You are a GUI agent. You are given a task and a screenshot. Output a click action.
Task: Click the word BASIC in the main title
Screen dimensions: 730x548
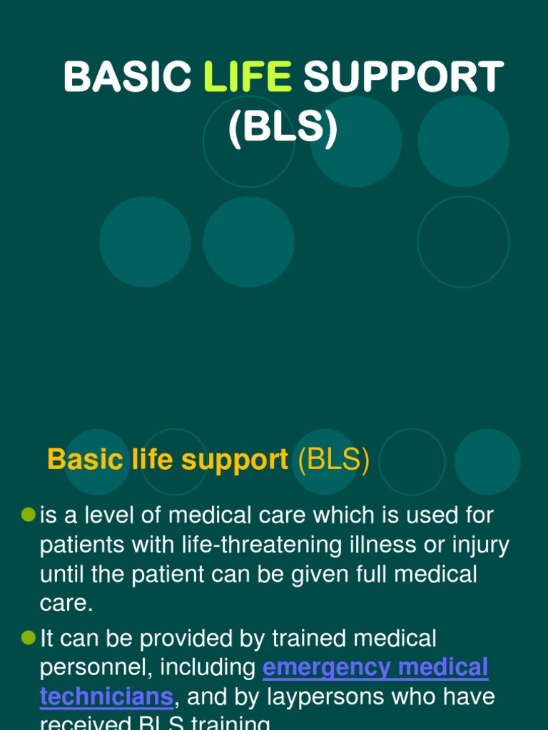[x=127, y=77]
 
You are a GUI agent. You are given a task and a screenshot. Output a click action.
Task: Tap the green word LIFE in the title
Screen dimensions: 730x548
[x=248, y=77]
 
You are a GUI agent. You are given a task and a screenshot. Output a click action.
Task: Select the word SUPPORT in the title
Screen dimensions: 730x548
[x=403, y=77]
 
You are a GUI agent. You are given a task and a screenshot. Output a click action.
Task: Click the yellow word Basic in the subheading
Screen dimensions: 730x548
[x=80, y=461]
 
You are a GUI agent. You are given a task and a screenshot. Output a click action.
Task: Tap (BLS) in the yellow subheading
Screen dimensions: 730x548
[x=334, y=461]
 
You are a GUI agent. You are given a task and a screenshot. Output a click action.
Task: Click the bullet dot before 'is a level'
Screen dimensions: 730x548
[x=29, y=514]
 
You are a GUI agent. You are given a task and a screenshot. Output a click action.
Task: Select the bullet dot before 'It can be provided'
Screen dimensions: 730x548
[x=29, y=637]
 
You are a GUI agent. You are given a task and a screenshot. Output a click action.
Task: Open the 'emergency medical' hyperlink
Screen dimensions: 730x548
[x=375, y=668]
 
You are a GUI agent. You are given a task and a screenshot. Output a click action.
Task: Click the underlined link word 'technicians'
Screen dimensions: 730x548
[x=106, y=696]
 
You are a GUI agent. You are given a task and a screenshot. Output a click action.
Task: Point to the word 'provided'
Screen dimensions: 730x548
[x=172, y=638]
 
